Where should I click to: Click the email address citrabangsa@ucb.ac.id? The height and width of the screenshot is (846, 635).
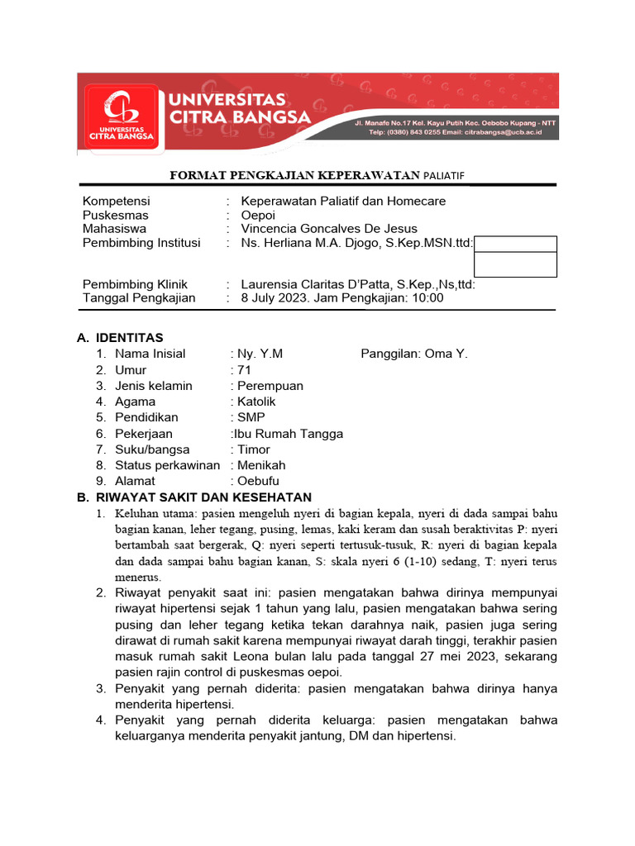pos(502,131)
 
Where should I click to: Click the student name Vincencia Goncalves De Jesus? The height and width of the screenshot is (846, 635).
pos(328,229)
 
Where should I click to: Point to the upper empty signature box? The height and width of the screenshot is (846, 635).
pos(515,244)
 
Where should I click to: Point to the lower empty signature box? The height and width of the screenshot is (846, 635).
pos(515,264)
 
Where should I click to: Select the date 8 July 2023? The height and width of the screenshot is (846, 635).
pos(277,298)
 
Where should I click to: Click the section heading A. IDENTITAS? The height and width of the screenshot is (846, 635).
pos(120,338)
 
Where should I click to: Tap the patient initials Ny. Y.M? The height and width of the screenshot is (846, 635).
pos(260,354)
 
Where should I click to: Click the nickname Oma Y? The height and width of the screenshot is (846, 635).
pos(446,354)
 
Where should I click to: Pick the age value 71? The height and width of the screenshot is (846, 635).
pos(244,370)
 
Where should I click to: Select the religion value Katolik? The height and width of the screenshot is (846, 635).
pos(256,402)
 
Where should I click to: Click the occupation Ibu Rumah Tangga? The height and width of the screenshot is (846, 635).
pos(289,434)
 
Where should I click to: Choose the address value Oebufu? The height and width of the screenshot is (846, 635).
pos(258,482)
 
